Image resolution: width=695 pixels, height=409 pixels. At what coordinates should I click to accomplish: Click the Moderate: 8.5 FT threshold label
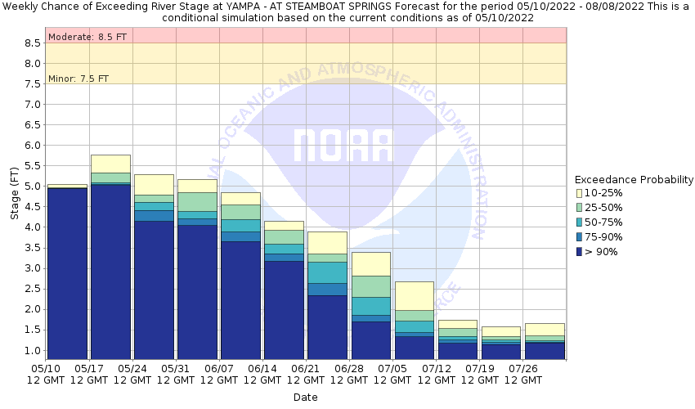click(x=79, y=37)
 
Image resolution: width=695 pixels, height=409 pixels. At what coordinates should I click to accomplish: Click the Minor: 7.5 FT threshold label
click(x=78, y=79)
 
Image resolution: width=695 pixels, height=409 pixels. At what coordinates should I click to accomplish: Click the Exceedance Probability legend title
click(x=634, y=179)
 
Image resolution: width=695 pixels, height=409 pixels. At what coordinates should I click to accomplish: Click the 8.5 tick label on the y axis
click(x=31, y=43)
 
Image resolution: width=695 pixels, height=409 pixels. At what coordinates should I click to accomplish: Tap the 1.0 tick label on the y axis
click(x=31, y=350)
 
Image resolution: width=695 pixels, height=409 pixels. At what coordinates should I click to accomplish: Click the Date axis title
click(x=306, y=398)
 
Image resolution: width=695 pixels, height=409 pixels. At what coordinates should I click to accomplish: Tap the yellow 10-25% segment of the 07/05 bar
click(x=415, y=295)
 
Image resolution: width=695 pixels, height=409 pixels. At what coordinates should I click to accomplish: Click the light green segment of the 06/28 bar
click(x=371, y=286)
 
